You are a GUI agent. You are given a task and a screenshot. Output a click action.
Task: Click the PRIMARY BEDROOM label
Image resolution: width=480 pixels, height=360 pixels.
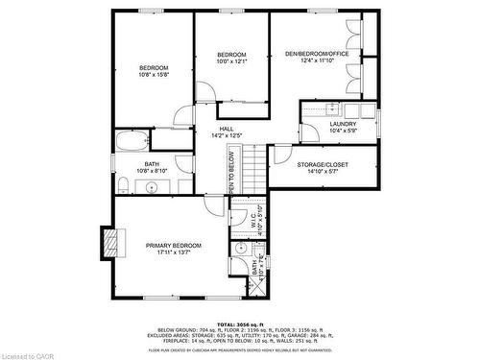[x=173, y=246]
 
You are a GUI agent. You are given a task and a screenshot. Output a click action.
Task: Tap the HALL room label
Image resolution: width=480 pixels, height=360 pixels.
[x=227, y=129]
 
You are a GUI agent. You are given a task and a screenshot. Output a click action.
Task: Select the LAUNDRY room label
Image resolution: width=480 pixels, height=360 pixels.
[x=343, y=124]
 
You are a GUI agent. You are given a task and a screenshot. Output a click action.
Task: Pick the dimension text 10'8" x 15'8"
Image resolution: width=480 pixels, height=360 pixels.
[x=154, y=76]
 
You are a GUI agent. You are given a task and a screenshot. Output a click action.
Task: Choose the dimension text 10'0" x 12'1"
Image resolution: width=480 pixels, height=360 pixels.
[x=231, y=61]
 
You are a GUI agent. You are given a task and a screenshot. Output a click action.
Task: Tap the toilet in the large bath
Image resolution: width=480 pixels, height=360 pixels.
[x=125, y=182]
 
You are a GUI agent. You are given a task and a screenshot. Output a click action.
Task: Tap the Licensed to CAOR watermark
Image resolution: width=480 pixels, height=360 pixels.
[x=30, y=353]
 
